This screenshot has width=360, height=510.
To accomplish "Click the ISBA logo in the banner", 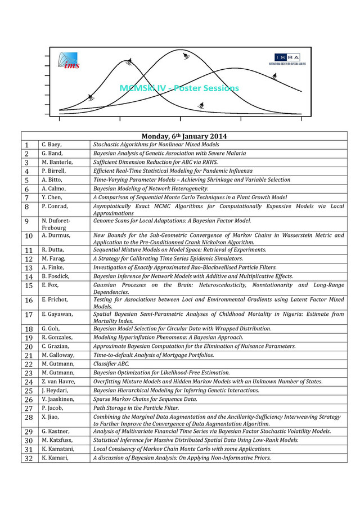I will coord(287,59).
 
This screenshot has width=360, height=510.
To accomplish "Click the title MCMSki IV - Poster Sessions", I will coord(179,88).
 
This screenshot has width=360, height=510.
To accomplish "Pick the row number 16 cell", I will coord(29,300).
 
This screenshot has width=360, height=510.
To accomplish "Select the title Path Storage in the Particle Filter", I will coord(136,408).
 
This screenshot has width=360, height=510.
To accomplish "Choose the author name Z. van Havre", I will coord(58,382).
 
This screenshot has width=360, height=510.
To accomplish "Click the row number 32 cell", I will coord(29,458).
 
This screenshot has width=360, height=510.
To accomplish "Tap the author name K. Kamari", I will coord(55,458).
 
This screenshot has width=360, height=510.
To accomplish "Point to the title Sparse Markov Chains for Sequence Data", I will coord(145,399).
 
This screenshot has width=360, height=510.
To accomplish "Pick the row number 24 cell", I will coord(29,382).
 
